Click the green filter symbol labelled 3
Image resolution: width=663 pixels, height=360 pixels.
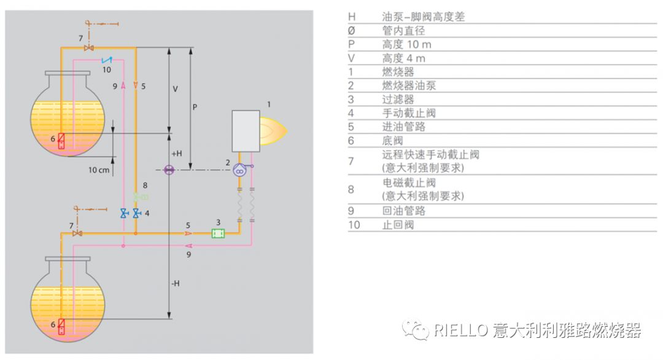(x=218, y=233)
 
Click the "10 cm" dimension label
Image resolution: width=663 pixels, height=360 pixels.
(x=98, y=170)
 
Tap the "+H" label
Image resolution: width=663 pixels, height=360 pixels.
(x=177, y=154)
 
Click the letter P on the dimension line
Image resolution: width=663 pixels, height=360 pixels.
(x=195, y=107)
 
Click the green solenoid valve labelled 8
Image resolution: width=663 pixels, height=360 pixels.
(x=142, y=197)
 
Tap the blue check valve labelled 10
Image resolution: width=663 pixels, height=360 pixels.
(x=106, y=60)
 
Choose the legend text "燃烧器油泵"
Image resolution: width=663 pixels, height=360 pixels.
(x=409, y=86)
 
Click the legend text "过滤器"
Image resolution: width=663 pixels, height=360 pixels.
(x=398, y=100)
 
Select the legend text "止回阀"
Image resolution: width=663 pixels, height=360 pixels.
(x=398, y=225)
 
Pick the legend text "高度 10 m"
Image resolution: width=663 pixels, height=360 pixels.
(x=406, y=45)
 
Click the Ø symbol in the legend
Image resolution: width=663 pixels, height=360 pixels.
(x=351, y=31)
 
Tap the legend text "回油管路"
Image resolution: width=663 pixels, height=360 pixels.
(x=403, y=211)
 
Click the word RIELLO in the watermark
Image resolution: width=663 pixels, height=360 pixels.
(x=460, y=331)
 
